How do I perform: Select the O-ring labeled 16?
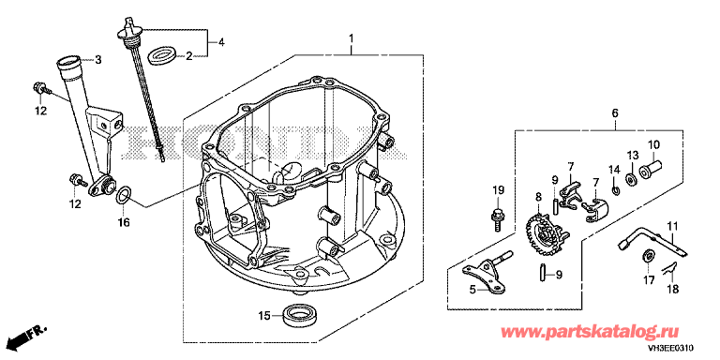pos(123,196)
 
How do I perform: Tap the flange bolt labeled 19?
pos(497,219)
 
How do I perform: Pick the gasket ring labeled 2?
pos(161,55)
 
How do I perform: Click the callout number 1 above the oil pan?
pos(352,37)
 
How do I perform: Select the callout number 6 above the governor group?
pos(615,112)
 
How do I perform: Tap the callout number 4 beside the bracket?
pos(221,43)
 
